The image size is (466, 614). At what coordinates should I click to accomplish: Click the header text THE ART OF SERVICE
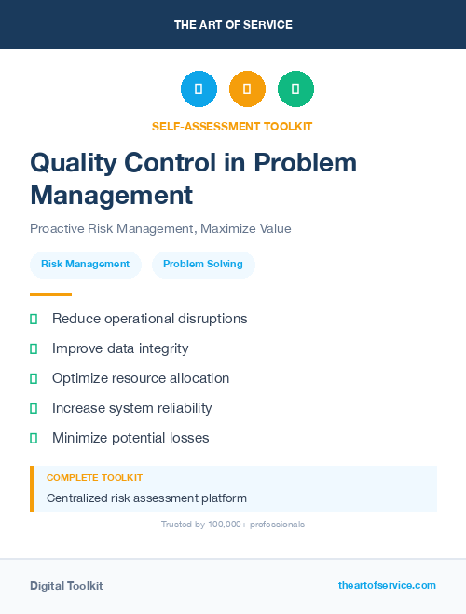coord(233,25)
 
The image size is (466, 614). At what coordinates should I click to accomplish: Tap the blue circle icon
coord(199,89)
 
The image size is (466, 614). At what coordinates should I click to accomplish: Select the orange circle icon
coord(247,89)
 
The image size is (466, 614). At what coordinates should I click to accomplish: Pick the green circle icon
coord(295,89)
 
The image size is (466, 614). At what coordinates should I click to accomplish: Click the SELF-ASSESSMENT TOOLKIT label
coord(233,126)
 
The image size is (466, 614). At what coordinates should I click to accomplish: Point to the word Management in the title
coord(112,196)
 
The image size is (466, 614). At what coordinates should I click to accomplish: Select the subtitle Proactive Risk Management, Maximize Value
coord(160,229)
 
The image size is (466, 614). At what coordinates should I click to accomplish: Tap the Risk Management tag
coord(86,265)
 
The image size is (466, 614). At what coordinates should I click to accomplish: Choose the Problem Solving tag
coord(203,265)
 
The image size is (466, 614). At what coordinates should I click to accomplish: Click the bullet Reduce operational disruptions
coord(149,319)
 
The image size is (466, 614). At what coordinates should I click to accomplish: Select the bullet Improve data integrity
coord(120,348)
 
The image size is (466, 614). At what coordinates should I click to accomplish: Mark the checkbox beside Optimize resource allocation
coord(34,378)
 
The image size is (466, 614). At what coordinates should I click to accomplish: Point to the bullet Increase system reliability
coord(131,408)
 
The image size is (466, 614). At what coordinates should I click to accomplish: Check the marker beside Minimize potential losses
coord(34,438)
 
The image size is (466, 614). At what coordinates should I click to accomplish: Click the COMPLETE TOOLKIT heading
coord(94,477)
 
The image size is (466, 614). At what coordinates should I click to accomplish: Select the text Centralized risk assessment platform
coord(146,498)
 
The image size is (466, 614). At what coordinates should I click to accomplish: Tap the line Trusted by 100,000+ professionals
coord(233,525)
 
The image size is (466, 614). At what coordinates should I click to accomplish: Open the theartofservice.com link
coord(387,585)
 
